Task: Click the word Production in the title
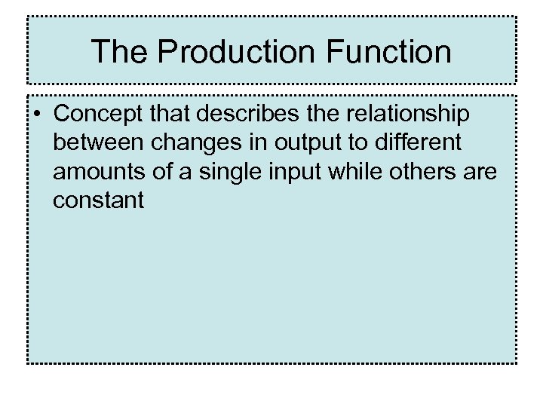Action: pyautogui.click(x=236, y=51)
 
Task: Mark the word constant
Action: pyautogui.click(x=98, y=201)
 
